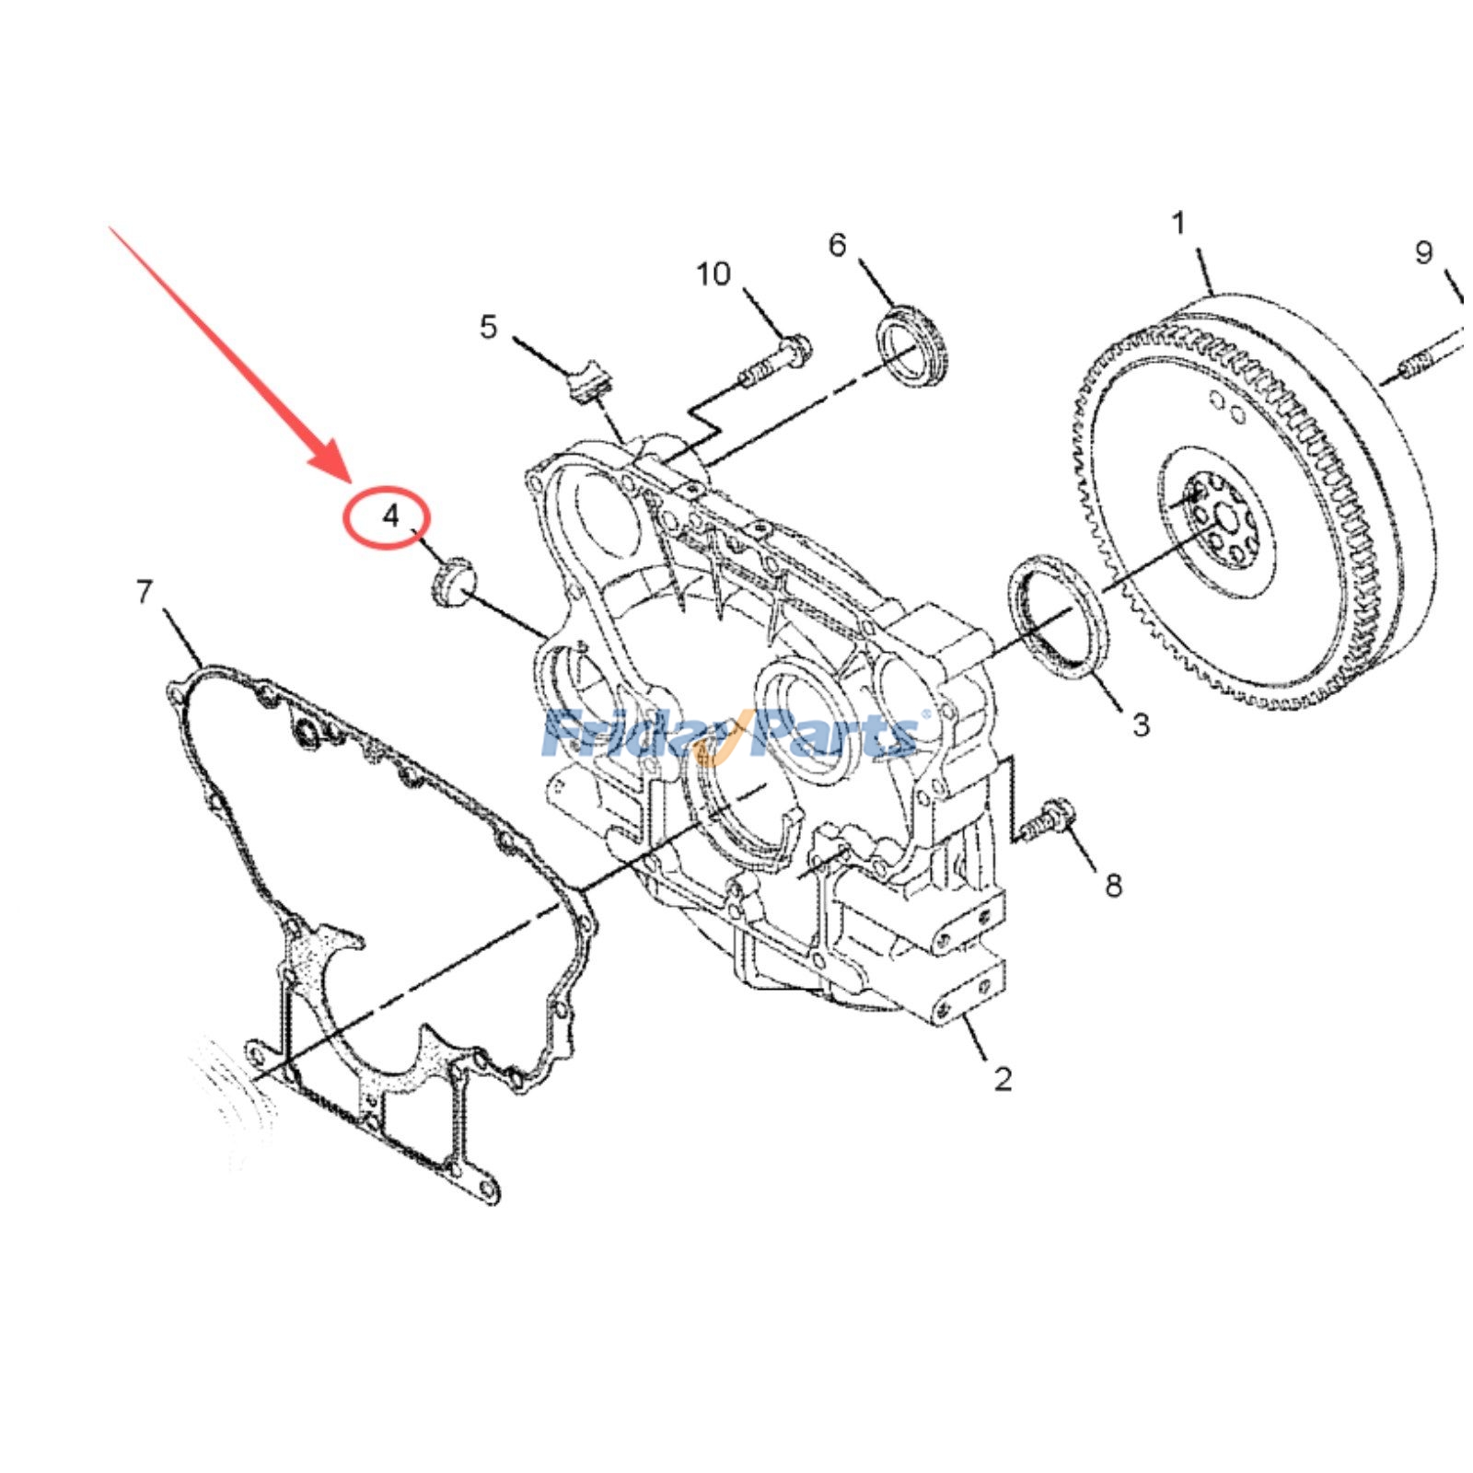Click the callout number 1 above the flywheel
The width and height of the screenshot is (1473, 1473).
1179,224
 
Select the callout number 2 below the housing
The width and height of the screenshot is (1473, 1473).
1003,1078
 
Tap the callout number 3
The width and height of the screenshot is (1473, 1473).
1141,725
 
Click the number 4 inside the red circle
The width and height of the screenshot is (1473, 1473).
391,516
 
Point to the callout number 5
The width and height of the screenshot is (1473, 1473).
488,327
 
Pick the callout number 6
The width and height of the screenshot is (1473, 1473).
837,246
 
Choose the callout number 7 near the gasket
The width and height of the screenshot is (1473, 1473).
144,592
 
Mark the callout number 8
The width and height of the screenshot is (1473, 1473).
1113,886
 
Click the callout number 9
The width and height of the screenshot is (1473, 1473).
1423,252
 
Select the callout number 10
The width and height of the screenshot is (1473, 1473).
713,273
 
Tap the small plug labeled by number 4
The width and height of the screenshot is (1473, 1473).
452,582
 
